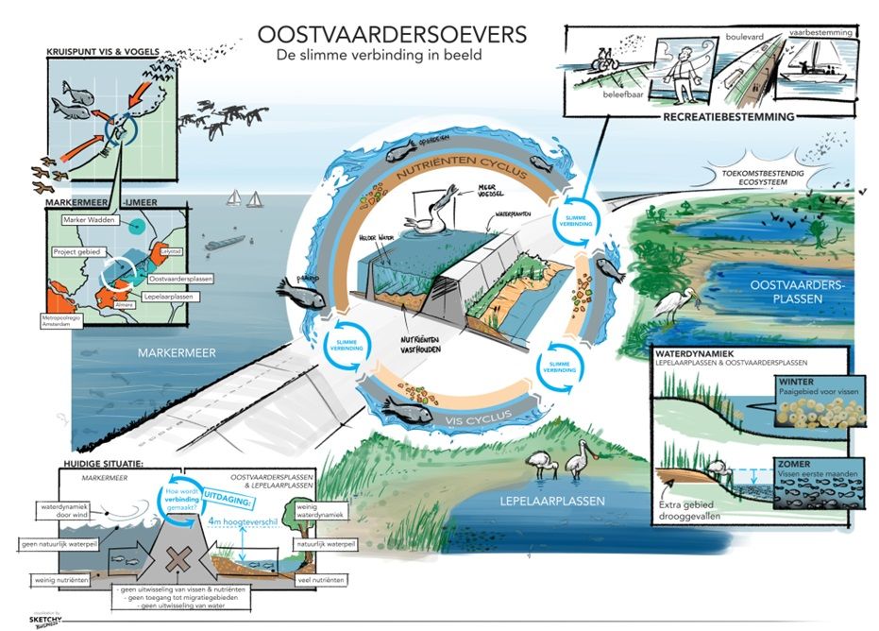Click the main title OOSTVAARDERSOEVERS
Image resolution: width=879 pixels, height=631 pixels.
pos(393,34)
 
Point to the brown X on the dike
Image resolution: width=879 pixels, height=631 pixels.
pos(175,554)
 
